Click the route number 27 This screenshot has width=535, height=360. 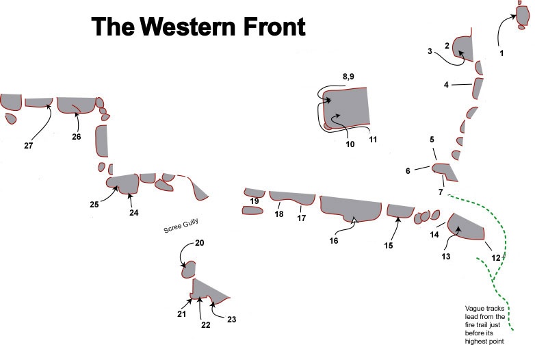pos(28,145)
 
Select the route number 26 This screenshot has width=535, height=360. pos(76,137)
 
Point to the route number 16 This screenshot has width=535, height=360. pos(334,241)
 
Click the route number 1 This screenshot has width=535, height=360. pos(501,53)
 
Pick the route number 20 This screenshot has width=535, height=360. pos(200,244)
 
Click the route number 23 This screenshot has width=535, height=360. pos(231,319)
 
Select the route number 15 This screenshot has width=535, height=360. pos(389,245)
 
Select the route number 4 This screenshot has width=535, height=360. pos(446,85)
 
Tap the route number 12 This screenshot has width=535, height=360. pos(496,257)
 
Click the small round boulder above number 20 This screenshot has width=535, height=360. pos(190,269)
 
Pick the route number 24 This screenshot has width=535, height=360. pos(133,213)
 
